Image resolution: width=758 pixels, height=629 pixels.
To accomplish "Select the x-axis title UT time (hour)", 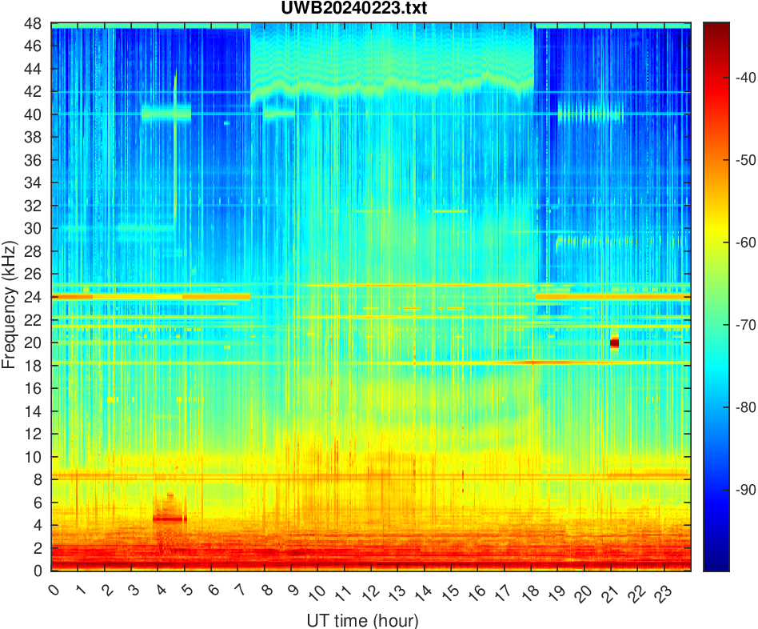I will [x=362, y=620].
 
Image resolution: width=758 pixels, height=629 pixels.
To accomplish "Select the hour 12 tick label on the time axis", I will [x=368, y=592].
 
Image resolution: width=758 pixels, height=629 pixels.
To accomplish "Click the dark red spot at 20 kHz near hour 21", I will [x=614, y=343].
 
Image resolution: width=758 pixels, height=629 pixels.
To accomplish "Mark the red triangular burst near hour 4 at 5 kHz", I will [x=170, y=510].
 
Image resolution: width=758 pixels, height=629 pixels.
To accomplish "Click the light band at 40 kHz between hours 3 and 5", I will [x=166, y=114].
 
